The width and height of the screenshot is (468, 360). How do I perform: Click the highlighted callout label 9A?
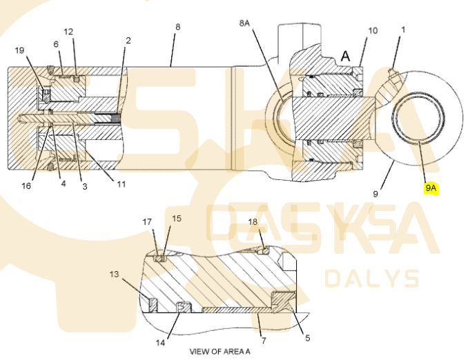click(x=431, y=188)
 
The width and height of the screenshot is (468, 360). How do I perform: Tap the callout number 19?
click(x=19, y=50)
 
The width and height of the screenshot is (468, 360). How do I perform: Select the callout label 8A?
click(x=244, y=23)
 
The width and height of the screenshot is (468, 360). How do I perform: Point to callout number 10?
click(x=373, y=30)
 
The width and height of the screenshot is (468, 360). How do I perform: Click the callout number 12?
click(x=68, y=32)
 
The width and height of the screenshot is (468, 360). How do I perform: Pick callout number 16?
click(x=26, y=186)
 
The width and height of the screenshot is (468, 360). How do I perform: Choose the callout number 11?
click(x=121, y=184)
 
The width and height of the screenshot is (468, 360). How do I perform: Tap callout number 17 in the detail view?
click(x=147, y=222)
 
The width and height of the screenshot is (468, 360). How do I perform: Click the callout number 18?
click(x=253, y=221)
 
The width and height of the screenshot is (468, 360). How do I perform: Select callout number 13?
click(x=115, y=274)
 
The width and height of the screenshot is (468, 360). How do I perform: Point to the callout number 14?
click(x=160, y=343)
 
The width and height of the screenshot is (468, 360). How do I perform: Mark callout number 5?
click(x=308, y=338)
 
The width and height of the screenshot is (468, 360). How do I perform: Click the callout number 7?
click(x=264, y=340)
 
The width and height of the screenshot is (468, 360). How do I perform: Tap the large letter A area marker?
click(x=345, y=56)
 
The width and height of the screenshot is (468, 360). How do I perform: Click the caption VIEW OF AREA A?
click(x=220, y=352)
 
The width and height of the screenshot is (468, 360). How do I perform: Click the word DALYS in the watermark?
click(x=372, y=279)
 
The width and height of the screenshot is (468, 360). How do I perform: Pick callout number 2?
click(x=128, y=40)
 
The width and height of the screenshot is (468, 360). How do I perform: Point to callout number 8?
click(x=178, y=27)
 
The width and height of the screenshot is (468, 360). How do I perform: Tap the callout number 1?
click(x=404, y=30)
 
